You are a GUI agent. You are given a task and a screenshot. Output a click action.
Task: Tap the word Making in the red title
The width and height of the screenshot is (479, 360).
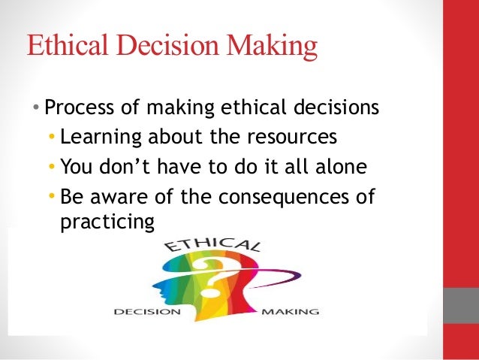coord(275,47)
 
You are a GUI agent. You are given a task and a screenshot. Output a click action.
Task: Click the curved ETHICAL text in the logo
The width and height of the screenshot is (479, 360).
coord(213,247)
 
